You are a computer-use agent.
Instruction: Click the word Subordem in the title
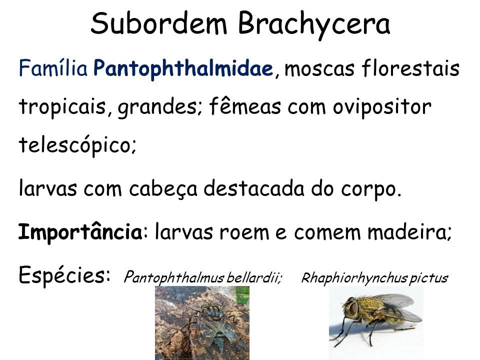(x=159, y=23)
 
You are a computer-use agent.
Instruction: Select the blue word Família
(x=53, y=67)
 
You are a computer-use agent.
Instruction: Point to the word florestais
(x=410, y=67)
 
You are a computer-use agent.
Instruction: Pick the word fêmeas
(x=245, y=106)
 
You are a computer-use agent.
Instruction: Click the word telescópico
(x=76, y=145)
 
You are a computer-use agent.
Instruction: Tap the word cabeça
(x=163, y=189)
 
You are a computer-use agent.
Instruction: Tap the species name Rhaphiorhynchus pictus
(x=374, y=278)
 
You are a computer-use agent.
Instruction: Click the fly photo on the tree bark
(x=202, y=322)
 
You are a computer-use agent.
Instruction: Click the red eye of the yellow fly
(x=352, y=309)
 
